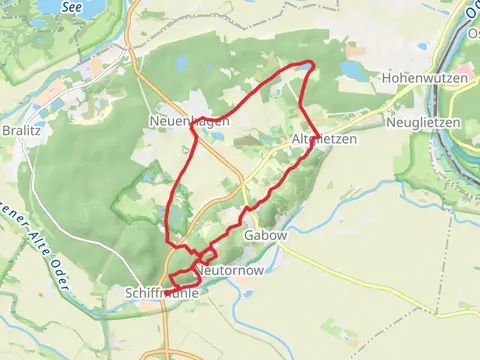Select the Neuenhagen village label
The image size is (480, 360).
pyautogui.click(x=192, y=120)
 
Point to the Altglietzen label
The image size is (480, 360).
pyautogui.click(x=325, y=139)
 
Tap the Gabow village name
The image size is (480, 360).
pyautogui.click(x=265, y=235)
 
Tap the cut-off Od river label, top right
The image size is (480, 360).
pyautogui.click(x=470, y=14)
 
